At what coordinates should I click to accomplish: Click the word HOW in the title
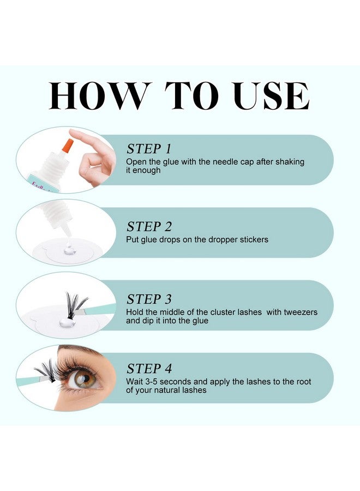tap(99, 97)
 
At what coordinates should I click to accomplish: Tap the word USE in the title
tap(271, 97)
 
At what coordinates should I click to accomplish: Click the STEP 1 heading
tap(149, 148)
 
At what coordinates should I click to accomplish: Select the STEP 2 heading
tap(149, 226)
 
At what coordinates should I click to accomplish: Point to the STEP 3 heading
tap(149, 299)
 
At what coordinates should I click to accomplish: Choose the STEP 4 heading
tap(149, 368)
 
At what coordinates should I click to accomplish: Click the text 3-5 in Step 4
tap(153, 381)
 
